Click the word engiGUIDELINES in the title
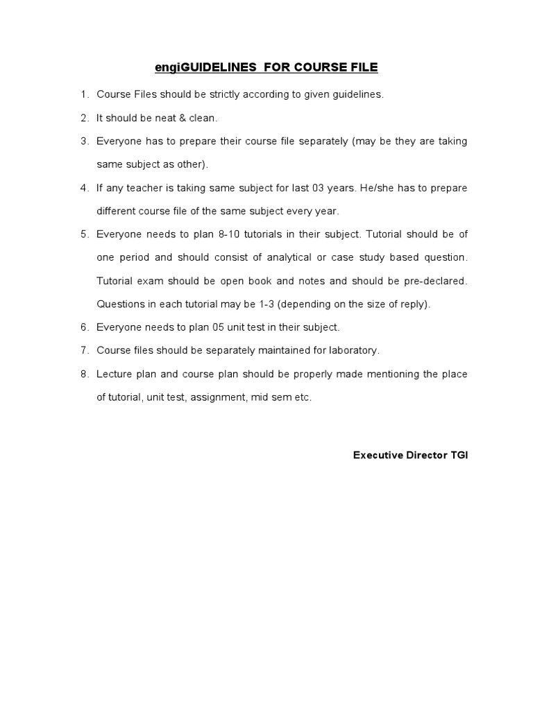pyautogui.click(x=196, y=67)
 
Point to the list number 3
pyautogui.click(x=84, y=141)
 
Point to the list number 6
pyautogui.click(x=84, y=327)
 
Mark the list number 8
pyautogui.click(x=84, y=374)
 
